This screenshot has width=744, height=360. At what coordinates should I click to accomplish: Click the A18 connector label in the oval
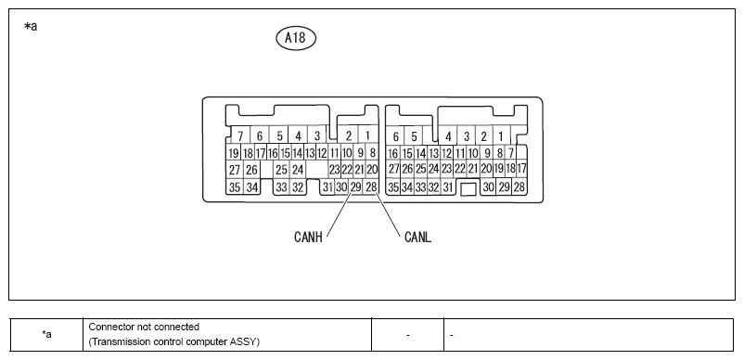coord(296,37)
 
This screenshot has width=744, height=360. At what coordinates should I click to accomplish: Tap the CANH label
coord(308,237)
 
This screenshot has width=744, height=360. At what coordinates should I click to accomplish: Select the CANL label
coord(418,237)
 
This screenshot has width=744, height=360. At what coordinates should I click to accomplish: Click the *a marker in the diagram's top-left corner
coord(31,27)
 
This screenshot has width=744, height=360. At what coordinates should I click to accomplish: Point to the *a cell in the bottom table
coord(46,334)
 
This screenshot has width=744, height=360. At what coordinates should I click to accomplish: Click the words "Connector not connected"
coord(144,327)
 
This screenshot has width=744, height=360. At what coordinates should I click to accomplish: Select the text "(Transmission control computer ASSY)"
coord(174,341)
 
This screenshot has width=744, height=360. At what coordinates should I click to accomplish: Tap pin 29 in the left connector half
coord(355,186)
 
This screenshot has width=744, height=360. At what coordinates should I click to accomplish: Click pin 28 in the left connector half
coord(371,186)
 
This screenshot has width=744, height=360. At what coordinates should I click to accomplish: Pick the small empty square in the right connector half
coord(468,188)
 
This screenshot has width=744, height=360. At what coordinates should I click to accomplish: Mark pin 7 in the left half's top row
coord(240,136)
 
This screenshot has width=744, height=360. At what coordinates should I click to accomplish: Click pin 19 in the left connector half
coord(233,153)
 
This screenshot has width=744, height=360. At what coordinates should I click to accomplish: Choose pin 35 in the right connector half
coord(393,187)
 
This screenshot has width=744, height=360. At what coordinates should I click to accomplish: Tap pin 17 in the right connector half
coord(521,168)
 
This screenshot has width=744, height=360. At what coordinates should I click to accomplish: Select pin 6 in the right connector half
coord(396,136)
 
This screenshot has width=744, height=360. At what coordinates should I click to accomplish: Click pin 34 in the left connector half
coord(251,187)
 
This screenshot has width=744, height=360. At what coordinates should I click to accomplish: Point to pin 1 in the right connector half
coord(501,136)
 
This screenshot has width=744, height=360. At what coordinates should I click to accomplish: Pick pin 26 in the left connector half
coord(251,169)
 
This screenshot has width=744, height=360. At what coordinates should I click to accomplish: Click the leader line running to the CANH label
coord(339,214)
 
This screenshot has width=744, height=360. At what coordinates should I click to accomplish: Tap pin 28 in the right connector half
coord(520,186)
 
